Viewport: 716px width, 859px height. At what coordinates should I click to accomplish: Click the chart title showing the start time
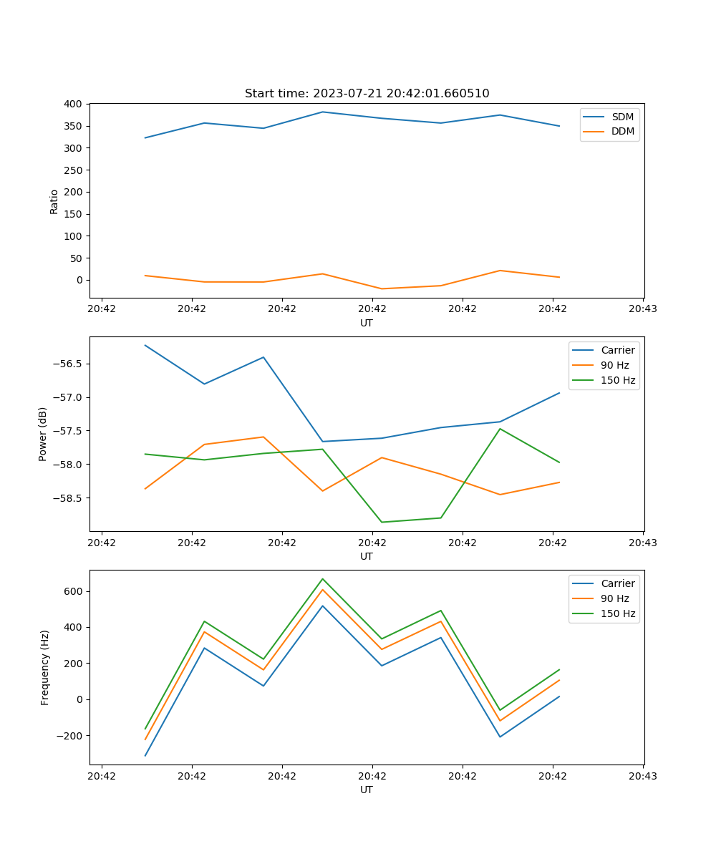(x=367, y=94)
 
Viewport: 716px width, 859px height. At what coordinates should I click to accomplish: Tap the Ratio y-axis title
(x=54, y=201)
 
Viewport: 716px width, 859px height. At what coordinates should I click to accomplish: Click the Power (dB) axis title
(x=43, y=434)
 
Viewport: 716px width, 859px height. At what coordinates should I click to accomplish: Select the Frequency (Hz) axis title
(x=45, y=667)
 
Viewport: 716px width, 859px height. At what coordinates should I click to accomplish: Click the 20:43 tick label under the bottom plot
(x=642, y=775)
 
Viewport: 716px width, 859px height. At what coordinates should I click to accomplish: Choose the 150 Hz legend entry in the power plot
(x=618, y=381)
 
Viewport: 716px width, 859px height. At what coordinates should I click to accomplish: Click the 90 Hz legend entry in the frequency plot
(x=615, y=598)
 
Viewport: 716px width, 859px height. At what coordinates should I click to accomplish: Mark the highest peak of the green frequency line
(x=322, y=578)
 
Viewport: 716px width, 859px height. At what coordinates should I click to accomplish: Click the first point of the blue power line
(x=145, y=345)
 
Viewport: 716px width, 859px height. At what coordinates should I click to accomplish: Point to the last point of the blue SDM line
(x=559, y=126)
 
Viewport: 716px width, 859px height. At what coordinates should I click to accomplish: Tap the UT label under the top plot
(x=367, y=323)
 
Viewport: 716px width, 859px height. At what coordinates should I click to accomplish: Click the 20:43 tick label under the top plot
(x=642, y=309)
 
